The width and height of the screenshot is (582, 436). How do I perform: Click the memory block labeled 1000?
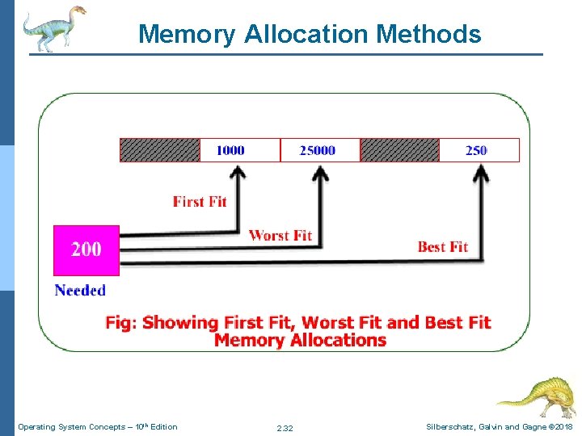(x=239, y=150)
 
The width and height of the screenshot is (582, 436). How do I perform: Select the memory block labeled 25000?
(x=319, y=150)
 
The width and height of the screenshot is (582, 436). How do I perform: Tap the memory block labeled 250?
(x=479, y=150)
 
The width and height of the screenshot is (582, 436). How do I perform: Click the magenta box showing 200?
(x=86, y=249)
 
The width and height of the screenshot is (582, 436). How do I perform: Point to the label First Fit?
(x=200, y=201)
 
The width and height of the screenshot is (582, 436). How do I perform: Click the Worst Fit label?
(x=280, y=235)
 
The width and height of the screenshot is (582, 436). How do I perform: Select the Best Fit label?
(x=442, y=246)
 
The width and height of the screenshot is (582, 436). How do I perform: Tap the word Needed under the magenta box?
(x=80, y=290)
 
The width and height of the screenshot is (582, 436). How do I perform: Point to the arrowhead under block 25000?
(x=321, y=172)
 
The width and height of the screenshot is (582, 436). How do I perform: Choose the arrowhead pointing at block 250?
(x=480, y=172)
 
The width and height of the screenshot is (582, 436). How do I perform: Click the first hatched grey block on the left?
(x=160, y=150)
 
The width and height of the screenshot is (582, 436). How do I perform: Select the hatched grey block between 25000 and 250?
(x=399, y=150)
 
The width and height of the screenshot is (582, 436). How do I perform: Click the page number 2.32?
(x=285, y=428)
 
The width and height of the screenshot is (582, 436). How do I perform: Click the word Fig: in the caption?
(x=121, y=323)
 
